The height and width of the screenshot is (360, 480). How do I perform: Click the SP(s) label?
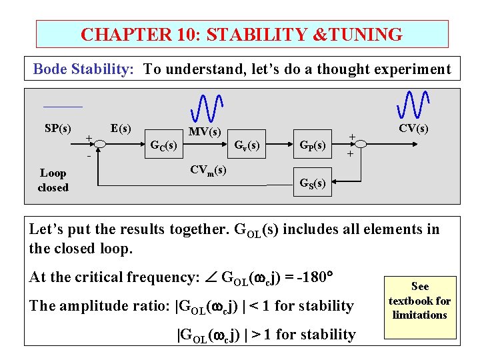(x=58, y=127)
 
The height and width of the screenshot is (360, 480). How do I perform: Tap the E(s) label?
(x=121, y=127)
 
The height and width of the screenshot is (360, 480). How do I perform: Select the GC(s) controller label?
(x=164, y=145)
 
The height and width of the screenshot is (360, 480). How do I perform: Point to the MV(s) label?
(x=205, y=132)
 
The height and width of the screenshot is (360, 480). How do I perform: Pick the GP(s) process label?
(x=312, y=145)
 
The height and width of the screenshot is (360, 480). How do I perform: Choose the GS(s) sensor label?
(x=312, y=183)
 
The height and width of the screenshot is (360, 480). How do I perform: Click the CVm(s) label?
(x=208, y=170)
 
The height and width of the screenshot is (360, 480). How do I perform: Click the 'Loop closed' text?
(x=53, y=180)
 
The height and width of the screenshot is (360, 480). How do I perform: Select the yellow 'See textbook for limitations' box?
(x=419, y=300)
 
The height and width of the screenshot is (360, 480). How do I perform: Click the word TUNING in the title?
(x=359, y=35)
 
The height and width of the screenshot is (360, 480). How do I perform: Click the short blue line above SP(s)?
(x=63, y=107)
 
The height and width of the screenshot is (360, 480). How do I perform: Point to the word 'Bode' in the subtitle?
(x=49, y=69)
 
